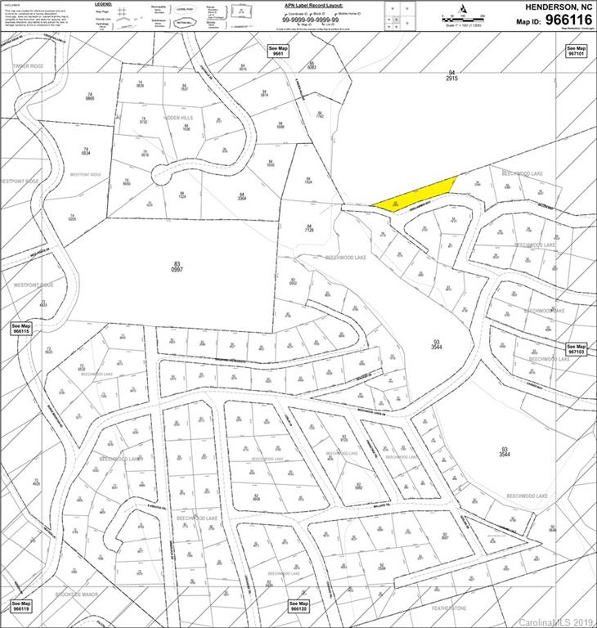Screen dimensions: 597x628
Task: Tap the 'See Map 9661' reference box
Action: click(x=280, y=51)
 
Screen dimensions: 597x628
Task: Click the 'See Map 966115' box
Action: click(x=20, y=329)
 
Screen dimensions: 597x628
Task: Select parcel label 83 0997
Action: click(x=176, y=267)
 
